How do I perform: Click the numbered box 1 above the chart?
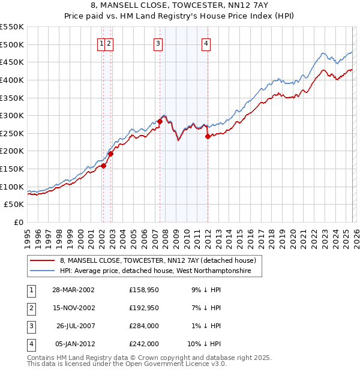click(x=102, y=43)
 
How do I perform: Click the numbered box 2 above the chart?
click(x=110, y=43)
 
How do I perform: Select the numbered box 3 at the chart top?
click(x=158, y=43)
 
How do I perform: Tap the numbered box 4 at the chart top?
click(x=206, y=43)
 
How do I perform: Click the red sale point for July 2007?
click(x=160, y=121)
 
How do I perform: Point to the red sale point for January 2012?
click(x=208, y=136)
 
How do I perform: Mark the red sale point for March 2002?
click(x=103, y=166)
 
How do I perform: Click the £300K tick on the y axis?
click(x=12, y=115)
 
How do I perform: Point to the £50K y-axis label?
click(x=14, y=205)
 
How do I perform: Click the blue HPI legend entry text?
click(x=161, y=271)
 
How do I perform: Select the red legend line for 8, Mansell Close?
click(x=43, y=260)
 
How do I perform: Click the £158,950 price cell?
click(x=144, y=289)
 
